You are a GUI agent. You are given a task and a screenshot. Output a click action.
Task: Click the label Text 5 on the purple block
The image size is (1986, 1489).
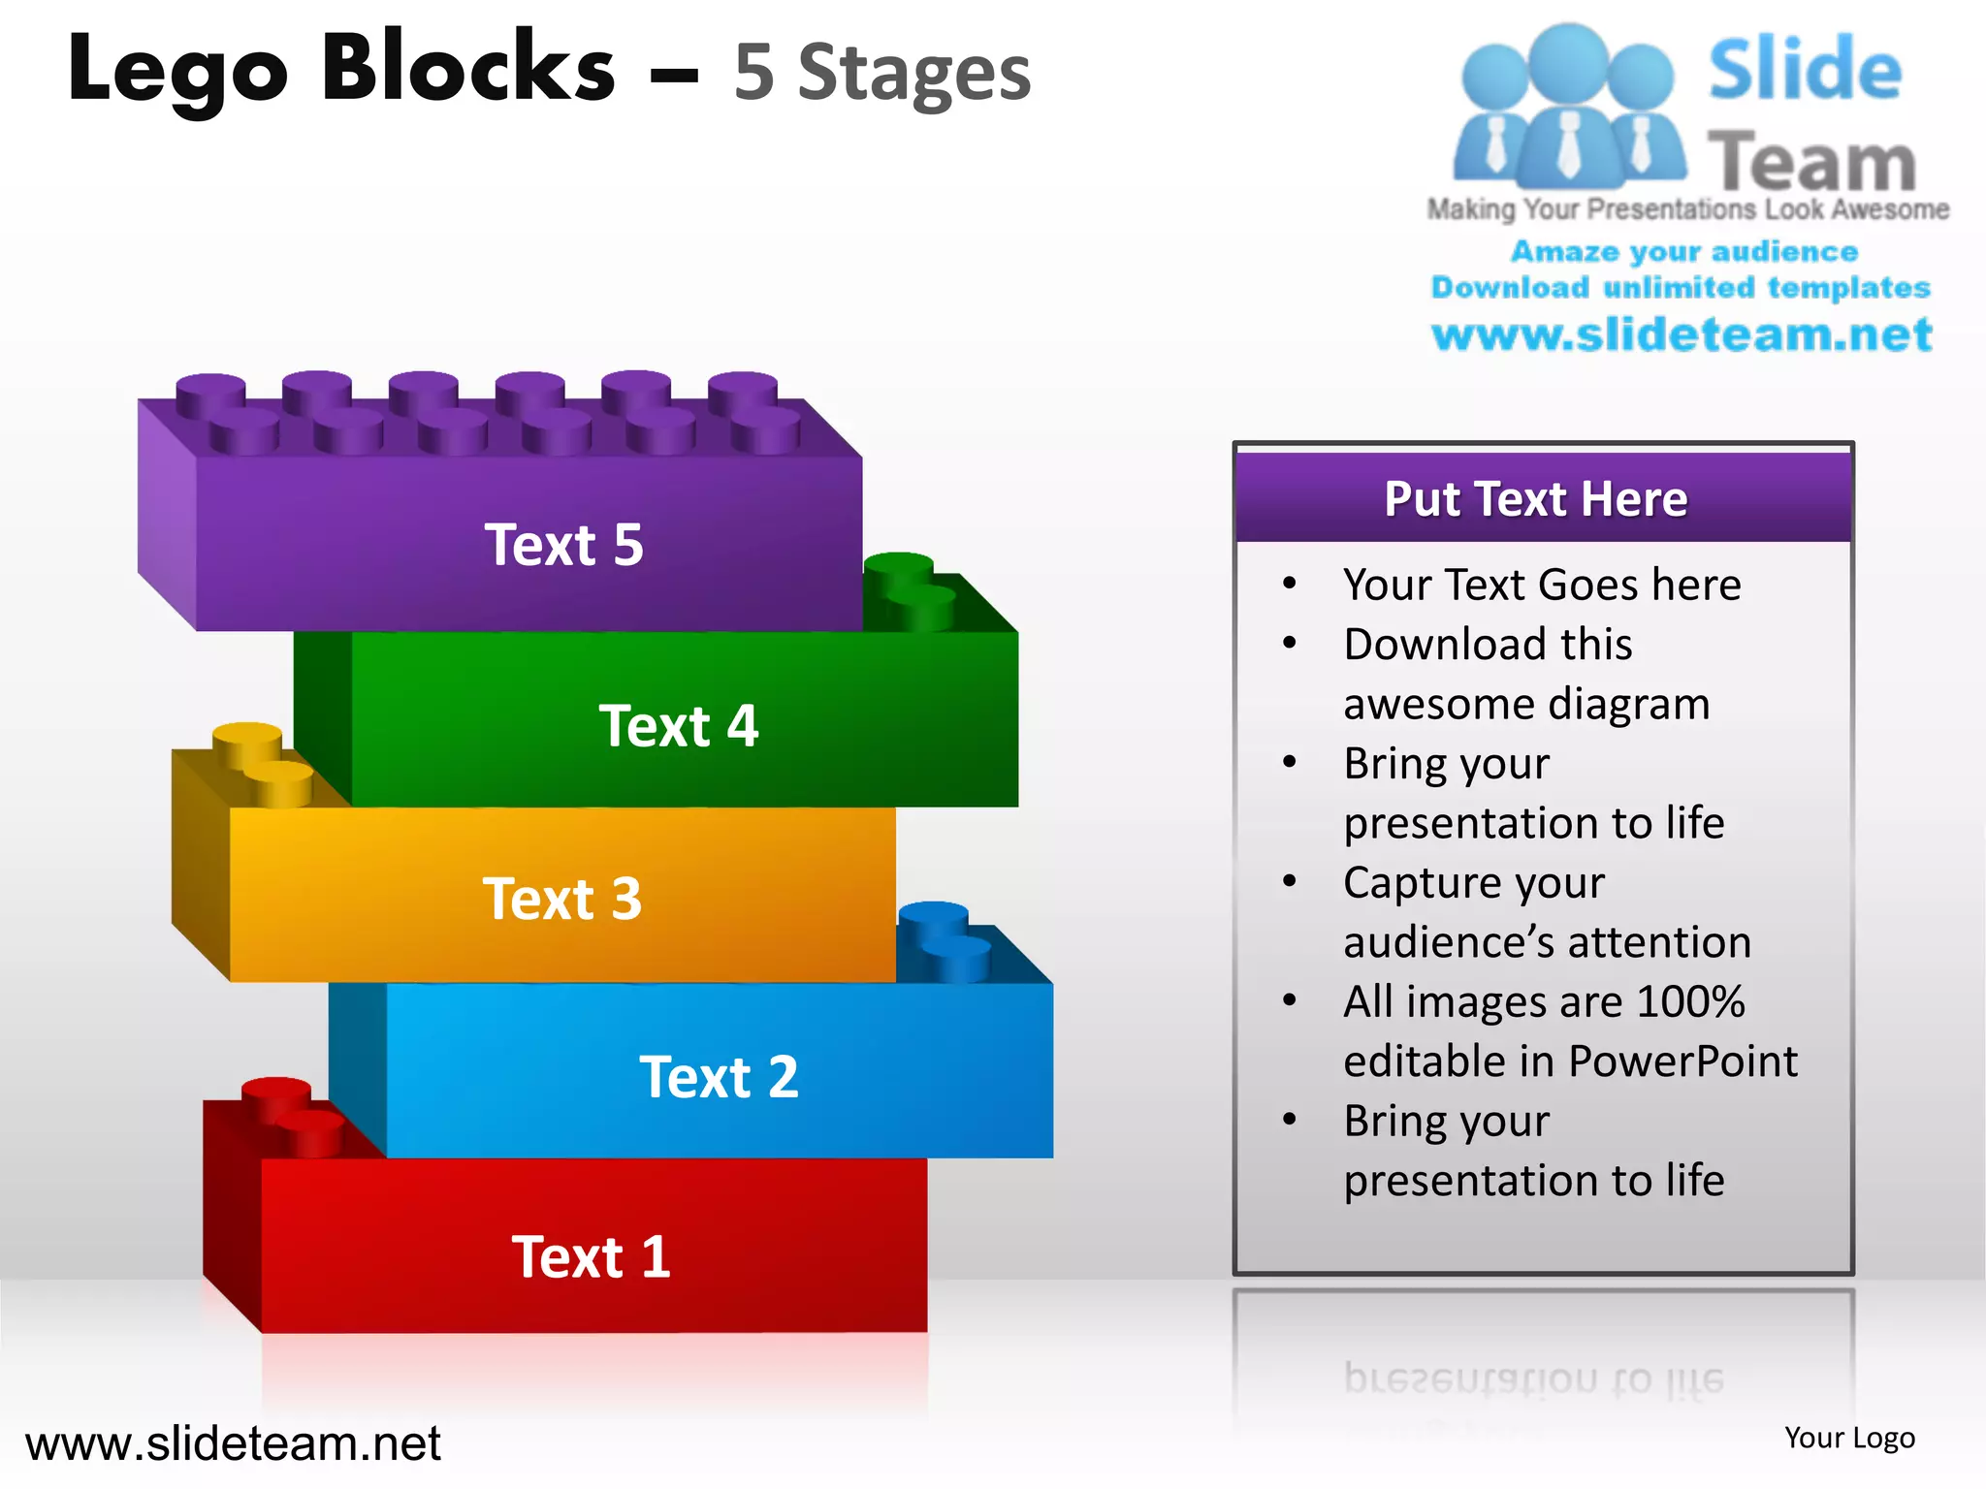point(563,545)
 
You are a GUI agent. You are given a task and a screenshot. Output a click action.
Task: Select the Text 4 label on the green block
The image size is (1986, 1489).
point(678,726)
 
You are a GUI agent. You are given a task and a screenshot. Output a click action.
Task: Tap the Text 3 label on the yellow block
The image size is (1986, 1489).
point(561,899)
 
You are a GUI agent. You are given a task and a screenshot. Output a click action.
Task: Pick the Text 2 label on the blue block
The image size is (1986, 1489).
point(719,1077)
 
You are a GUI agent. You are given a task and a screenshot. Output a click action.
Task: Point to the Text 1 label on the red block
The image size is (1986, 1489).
point(591,1257)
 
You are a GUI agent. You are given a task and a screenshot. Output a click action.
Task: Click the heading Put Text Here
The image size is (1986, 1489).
point(1536,499)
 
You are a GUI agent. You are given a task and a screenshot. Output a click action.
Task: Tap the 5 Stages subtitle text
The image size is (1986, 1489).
point(881,73)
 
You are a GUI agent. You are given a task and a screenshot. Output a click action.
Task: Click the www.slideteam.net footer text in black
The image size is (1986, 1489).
point(233,1443)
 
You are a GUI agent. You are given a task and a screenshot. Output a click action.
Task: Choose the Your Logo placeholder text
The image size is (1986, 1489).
point(1849,1438)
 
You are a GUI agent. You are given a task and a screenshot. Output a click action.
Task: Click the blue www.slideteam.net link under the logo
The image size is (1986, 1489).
point(1682,334)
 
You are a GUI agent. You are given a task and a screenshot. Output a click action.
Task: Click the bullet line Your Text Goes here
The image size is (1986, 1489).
point(1542,585)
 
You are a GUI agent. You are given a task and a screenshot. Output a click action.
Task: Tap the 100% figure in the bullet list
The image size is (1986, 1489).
point(1690,1001)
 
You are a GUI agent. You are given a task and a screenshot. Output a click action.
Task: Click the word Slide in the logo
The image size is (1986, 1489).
point(1805,70)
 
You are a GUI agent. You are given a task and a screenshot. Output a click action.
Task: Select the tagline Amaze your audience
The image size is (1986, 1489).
point(1684,252)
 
